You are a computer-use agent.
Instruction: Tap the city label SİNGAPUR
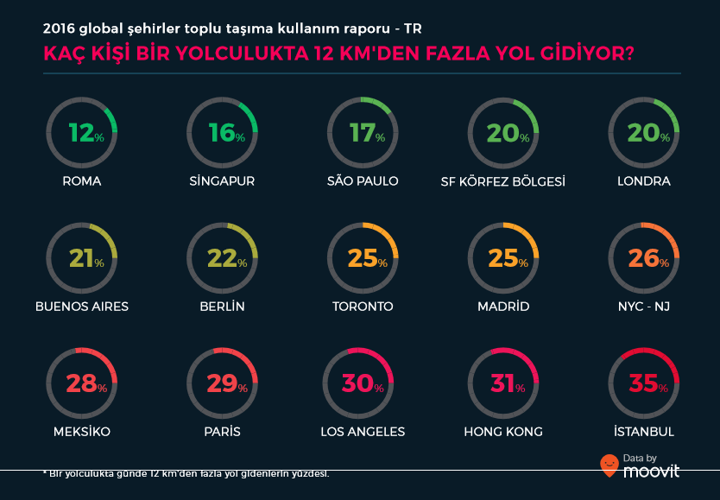222,181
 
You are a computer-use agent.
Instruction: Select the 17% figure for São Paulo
363,133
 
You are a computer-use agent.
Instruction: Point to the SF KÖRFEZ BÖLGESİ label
503,181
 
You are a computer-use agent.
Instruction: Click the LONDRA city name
644,181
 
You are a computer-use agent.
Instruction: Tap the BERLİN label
222,307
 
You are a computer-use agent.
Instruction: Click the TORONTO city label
363,307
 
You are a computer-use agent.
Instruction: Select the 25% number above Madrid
503,258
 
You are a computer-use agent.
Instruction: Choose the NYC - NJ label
644,307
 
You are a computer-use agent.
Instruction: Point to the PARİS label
222,432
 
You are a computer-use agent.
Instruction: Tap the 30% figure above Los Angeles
363,383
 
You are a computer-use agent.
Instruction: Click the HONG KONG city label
503,432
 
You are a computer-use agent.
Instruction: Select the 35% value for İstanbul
644,383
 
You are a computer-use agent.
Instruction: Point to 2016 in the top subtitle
59,27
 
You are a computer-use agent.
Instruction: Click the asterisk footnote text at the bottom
186,474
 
